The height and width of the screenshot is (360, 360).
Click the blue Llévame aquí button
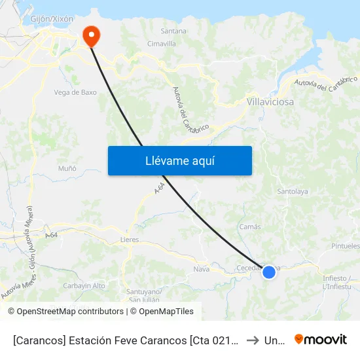pyautogui.click(x=180, y=160)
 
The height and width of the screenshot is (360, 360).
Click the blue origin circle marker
pyautogui.click(x=269, y=271)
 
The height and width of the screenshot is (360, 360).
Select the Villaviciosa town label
pyautogui.click(x=270, y=102)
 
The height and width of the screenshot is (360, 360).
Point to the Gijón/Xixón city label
pyautogui.click(x=52, y=19)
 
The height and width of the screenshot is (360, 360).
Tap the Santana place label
pyautogui.click(x=173, y=31)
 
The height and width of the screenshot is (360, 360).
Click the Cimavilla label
pyautogui.click(x=162, y=44)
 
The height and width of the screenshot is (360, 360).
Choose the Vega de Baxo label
pyautogui.click(x=75, y=92)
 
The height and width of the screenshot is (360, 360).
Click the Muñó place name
pyautogui.click(x=67, y=168)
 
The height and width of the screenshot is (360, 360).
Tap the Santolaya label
pyautogui.click(x=293, y=192)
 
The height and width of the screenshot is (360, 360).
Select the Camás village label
pyautogui.click(x=250, y=226)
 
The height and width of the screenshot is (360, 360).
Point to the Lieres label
pyautogui.click(x=130, y=240)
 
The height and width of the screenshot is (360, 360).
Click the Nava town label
pyautogui.click(x=201, y=268)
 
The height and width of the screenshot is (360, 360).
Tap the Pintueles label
pyautogui.click(x=346, y=246)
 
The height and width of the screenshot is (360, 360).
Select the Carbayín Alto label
pyautogui.click(x=84, y=285)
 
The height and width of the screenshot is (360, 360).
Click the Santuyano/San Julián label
pyautogui.click(x=142, y=295)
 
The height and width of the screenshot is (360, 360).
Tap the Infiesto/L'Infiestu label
pyautogui.click(x=338, y=282)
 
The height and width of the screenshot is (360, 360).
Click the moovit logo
pyautogui.click(x=320, y=339)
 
